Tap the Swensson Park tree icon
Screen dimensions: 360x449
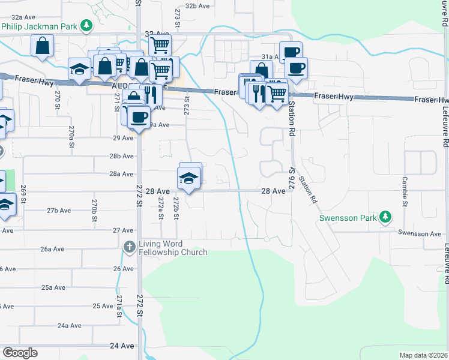387,217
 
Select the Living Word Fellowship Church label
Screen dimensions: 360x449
173,248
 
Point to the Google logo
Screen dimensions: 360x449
20,353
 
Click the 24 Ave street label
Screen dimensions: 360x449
122,346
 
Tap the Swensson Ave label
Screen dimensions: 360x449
420,233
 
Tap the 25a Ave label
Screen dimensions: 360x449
53,287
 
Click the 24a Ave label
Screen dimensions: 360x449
70,325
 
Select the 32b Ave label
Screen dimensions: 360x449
197,5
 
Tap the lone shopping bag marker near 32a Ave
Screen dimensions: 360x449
43,46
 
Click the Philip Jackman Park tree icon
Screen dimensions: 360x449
87,26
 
